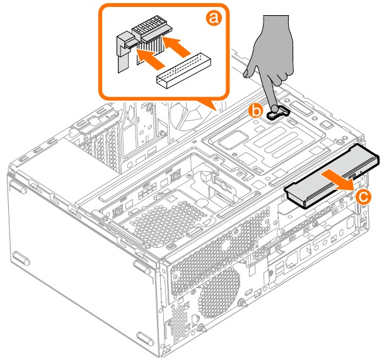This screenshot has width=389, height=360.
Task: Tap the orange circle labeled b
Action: point(256,111)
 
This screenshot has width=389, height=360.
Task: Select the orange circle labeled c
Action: point(363,197)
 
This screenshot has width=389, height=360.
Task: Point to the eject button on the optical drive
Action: point(352,177)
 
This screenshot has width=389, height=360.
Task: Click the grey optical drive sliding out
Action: point(331,176)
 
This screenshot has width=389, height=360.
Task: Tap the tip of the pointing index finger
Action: point(275,108)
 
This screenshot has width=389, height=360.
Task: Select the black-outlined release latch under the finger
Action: point(278,113)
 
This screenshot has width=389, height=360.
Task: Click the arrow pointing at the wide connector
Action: point(176,45)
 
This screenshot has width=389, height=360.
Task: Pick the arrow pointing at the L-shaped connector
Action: point(150,59)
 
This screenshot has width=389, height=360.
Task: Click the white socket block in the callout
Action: point(183,70)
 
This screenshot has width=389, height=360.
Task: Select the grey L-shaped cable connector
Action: point(125,51)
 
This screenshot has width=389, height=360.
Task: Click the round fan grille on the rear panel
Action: point(219,294)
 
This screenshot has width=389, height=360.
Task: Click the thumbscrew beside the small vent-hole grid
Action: point(202,328)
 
